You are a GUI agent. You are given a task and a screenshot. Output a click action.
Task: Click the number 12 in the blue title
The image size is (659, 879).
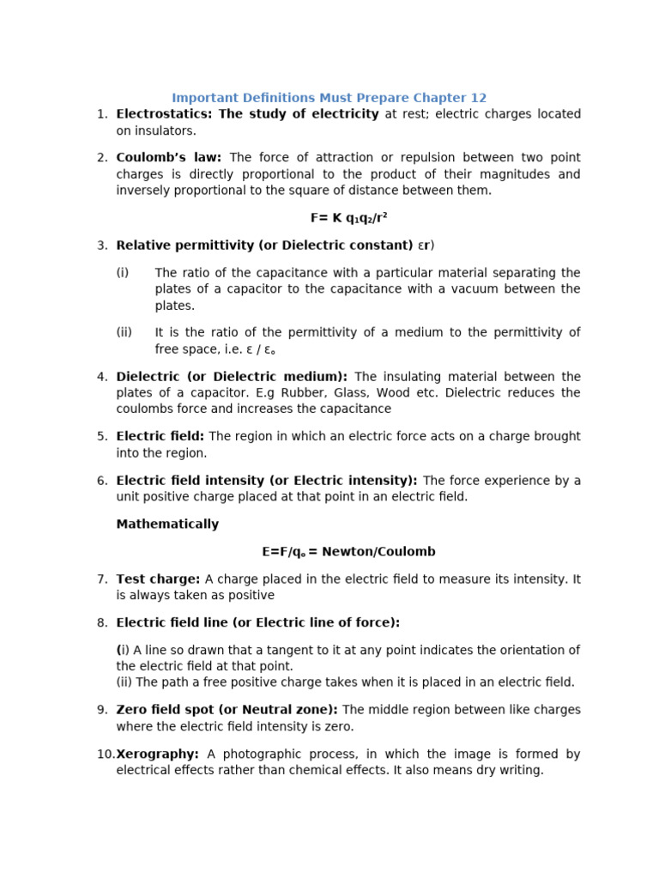point(478,98)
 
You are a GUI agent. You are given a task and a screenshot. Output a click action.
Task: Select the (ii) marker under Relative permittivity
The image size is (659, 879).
point(124,333)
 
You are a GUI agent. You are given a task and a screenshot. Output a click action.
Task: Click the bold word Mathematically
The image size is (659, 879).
point(167,524)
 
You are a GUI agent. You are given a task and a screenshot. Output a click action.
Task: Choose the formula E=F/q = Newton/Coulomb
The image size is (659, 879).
point(348,552)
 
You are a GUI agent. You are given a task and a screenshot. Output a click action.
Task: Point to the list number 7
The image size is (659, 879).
point(102,579)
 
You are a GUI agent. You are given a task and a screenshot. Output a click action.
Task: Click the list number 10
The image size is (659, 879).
point(105,755)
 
